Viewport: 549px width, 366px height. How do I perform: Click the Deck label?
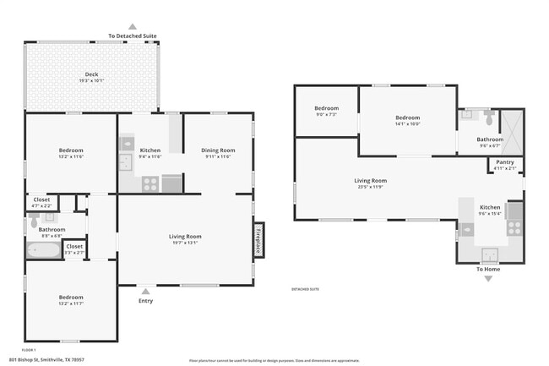(91, 74)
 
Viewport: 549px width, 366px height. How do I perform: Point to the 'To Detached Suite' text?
(133, 36)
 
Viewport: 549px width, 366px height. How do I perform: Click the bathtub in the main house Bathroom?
(50, 250)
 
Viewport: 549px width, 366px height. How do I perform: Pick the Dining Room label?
(218, 150)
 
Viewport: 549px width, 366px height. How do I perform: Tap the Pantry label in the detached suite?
(505, 161)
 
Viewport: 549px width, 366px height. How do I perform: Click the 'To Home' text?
(488, 269)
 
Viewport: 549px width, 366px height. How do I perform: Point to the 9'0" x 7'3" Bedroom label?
(326, 108)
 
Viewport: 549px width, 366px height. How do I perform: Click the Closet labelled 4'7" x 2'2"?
(41, 200)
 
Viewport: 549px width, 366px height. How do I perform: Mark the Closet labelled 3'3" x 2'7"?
(74, 247)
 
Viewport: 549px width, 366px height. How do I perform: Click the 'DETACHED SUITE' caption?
(306, 288)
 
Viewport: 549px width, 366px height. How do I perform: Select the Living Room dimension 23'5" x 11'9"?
(370, 187)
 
